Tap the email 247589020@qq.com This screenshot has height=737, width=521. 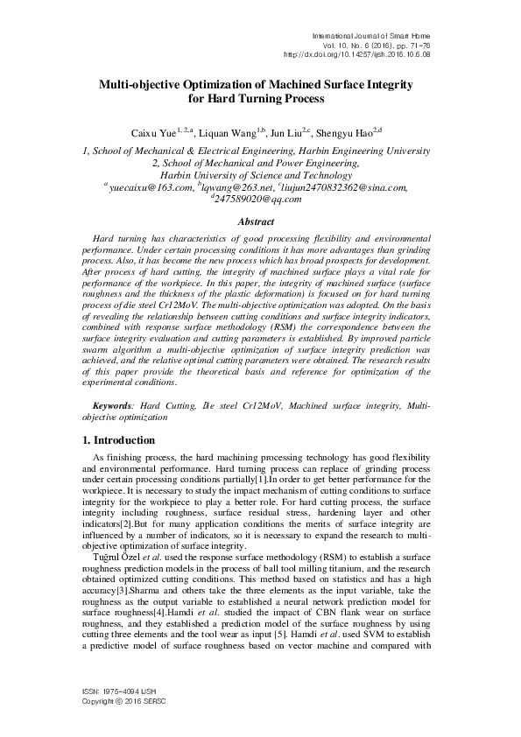(x=257, y=199)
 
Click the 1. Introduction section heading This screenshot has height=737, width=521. (x=118, y=440)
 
